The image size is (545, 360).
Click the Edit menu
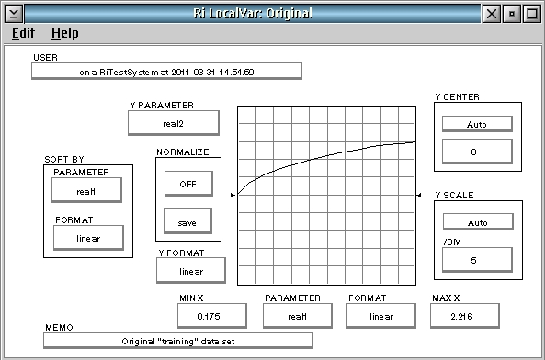(23, 33)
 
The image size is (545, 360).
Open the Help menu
(64, 33)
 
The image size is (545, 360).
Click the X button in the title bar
(491, 14)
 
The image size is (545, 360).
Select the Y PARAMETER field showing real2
(174, 123)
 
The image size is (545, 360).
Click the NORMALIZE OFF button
(188, 184)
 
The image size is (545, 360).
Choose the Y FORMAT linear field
(191, 270)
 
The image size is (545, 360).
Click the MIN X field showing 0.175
(212, 316)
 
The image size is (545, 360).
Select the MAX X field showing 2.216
(465, 316)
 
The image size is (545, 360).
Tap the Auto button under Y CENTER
(477, 124)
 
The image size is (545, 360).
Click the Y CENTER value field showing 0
(477, 152)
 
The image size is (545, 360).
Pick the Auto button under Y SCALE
(478, 221)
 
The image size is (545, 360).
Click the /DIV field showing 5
(477, 260)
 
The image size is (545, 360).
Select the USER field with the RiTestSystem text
(166, 72)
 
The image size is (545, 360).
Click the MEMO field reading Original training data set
(178, 341)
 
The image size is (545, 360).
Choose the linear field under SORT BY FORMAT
(88, 238)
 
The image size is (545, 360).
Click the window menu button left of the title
(14, 14)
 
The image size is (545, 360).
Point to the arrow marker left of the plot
(233, 195)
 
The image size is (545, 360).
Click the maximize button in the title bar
(532, 14)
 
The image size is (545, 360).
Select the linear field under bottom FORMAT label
(380, 316)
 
